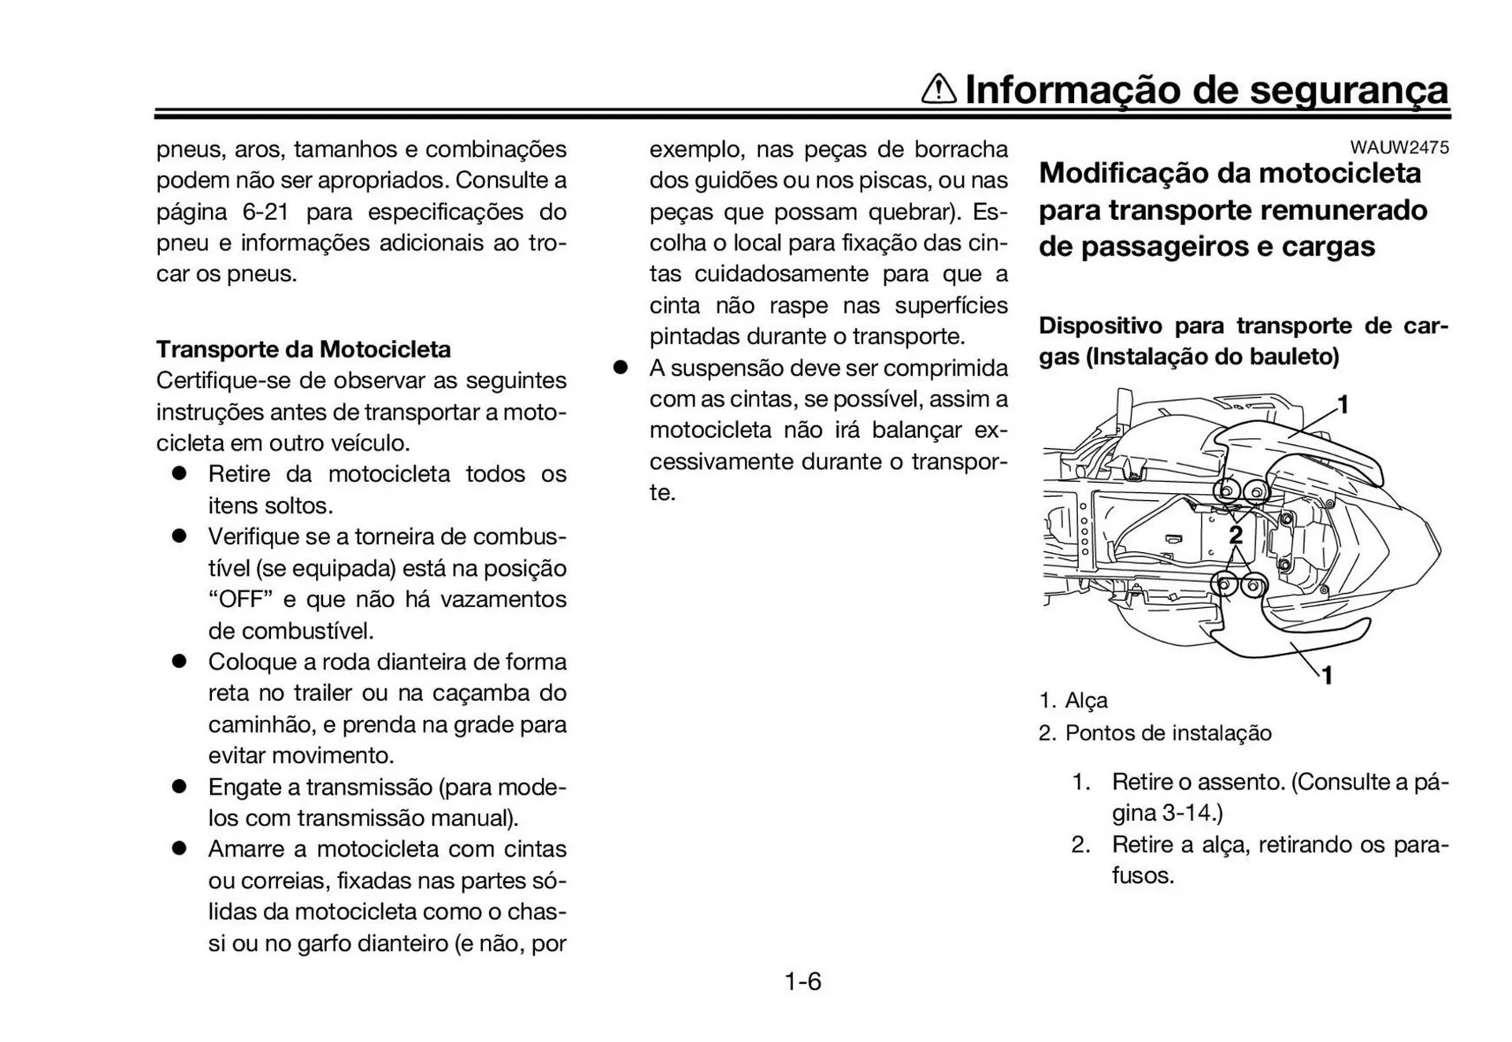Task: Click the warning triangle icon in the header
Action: pyautogui.click(x=939, y=89)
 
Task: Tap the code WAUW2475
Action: pyautogui.click(x=1399, y=147)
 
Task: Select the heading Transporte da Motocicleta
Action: pyautogui.click(x=303, y=349)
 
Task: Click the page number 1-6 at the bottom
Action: pyautogui.click(x=802, y=981)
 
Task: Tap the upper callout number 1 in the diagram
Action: pyautogui.click(x=1343, y=405)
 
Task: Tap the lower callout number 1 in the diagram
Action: pyautogui.click(x=1327, y=675)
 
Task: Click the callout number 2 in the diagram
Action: pyautogui.click(x=1236, y=536)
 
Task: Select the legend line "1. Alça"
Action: pyautogui.click(x=1073, y=700)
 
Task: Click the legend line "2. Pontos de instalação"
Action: pyautogui.click(x=1154, y=733)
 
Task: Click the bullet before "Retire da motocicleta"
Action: pyautogui.click(x=180, y=473)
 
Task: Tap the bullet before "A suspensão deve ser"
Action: pyautogui.click(x=621, y=368)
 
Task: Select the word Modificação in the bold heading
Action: pyautogui.click(x=1128, y=173)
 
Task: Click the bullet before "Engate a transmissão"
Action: pyautogui.click(x=180, y=786)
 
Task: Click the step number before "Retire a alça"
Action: pyautogui.click(x=1080, y=844)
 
